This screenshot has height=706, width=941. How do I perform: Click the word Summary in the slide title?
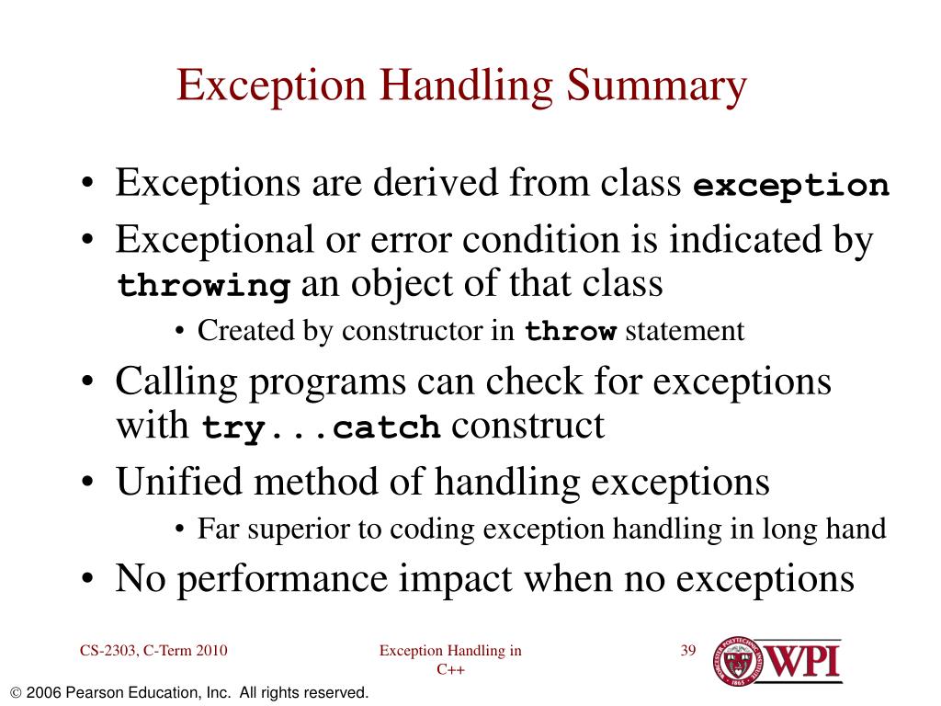[656, 86]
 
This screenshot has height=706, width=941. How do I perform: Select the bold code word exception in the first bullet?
[791, 186]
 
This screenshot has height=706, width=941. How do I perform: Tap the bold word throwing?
[204, 286]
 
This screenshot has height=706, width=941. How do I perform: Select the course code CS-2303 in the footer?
[108, 652]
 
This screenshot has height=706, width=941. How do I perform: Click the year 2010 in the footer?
[211, 652]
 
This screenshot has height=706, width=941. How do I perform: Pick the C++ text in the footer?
[450, 670]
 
